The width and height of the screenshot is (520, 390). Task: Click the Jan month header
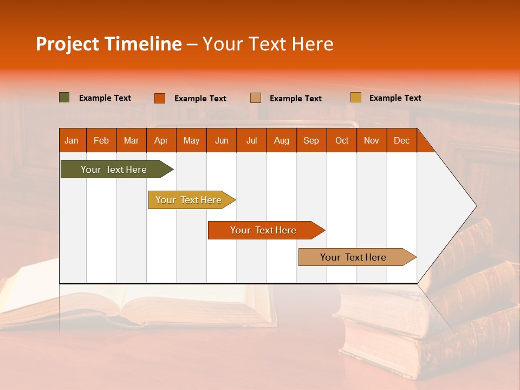[x=71, y=140]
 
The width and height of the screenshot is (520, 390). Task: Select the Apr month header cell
[x=161, y=140]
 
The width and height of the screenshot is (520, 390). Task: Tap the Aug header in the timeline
[x=281, y=140]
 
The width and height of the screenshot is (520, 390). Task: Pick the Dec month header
[x=401, y=140]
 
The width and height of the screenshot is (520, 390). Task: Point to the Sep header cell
[x=311, y=140]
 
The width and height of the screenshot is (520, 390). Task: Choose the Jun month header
[x=222, y=140]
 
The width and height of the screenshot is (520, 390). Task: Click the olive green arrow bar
[x=114, y=170]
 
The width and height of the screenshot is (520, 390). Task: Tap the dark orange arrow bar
[x=263, y=230]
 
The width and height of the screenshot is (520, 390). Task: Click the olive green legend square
[x=64, y=97]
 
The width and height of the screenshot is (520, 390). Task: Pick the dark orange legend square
[x=159, y=98]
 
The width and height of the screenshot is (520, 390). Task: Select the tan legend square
[x=255, y=98]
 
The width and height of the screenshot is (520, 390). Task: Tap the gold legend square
[x=355, y=97]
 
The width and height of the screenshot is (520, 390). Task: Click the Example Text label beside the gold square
[x=395, y=97]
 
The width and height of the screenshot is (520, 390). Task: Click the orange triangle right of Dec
[x=424, y=145]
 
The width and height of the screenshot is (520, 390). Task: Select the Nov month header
[x=371, y=140]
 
